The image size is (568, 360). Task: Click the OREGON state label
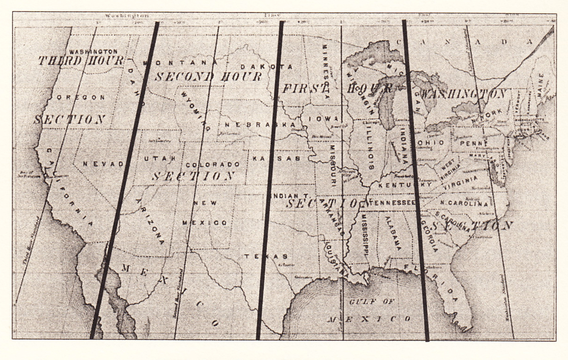coord(81,97)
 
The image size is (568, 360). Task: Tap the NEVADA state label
coord(103,164)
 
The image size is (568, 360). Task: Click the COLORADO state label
coord(212,164)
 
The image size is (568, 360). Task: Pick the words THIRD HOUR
coord(81,61)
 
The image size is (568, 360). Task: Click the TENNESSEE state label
coord(392,203)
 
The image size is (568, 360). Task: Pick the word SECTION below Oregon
coord(69,119)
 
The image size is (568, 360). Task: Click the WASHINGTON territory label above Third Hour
coord(93,51)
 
